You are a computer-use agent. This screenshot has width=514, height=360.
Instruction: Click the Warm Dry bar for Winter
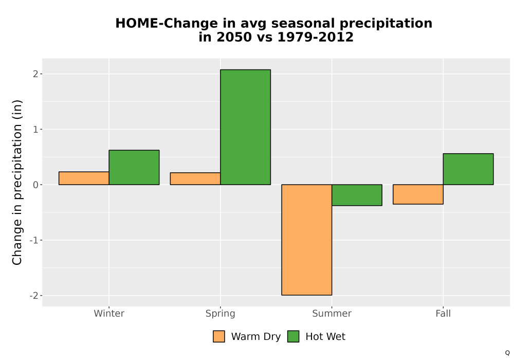tap(84, 178)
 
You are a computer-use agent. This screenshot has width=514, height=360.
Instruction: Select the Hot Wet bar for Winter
tap(134, 167)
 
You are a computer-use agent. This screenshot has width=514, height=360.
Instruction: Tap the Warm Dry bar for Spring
tap(195, 178)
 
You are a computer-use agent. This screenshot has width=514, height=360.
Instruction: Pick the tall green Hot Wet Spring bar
tap(246, 127)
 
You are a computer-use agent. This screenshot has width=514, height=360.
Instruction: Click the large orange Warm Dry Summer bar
tap(307, 240)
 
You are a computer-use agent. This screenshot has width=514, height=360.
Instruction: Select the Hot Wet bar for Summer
tap(357, 195)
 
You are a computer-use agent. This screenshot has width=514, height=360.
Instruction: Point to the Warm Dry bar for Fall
tap(418, 194)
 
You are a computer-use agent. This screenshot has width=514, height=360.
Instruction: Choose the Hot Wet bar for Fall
tap(468, 169)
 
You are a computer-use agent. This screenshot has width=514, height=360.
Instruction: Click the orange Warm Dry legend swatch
tap(219, 336)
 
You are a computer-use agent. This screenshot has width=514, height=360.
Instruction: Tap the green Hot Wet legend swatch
tap(293, 336)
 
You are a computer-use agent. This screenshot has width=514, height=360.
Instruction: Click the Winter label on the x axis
tap(109, 313)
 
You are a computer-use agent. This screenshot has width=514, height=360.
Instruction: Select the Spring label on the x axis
tap(221, 314)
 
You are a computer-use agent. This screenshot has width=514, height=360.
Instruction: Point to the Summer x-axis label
tap(332, 313)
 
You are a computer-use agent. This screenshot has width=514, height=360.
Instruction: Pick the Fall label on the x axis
tap(443, 313)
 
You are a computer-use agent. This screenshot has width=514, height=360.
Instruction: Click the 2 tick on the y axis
tap(36, 74)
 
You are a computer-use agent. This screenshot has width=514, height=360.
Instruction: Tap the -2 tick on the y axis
tap(34, 296)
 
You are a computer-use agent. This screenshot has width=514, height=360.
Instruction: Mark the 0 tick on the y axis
tap(36, 185)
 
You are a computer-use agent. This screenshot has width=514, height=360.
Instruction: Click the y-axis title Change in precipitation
tap(17, 182)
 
